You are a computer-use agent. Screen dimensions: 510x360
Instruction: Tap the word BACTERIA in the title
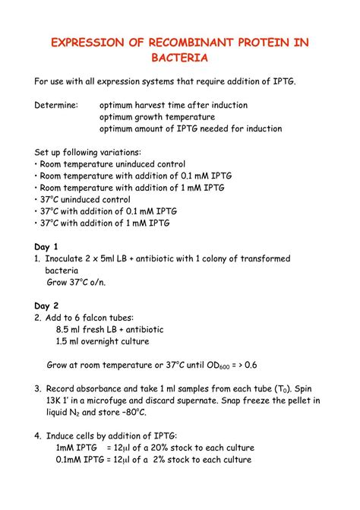point(179,58)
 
